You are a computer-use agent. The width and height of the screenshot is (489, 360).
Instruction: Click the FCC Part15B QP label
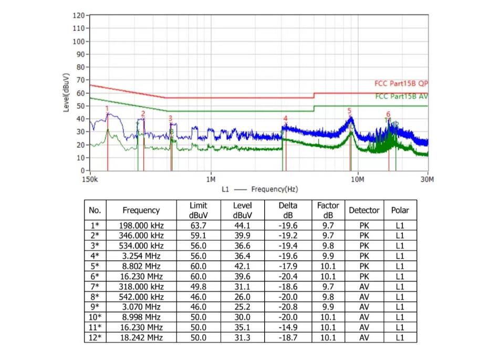[401, 83]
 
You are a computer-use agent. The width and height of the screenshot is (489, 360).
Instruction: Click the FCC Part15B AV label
[401, 96]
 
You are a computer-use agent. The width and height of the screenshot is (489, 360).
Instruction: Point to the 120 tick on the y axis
[77, 16]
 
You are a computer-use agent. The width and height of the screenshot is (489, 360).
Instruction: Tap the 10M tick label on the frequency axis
[357, 179]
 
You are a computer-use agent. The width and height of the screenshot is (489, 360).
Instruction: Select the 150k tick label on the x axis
[90, 179]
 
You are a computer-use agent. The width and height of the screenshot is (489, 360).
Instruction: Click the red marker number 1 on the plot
[107, 109]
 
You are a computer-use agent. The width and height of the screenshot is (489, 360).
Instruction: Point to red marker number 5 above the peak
[349, 110]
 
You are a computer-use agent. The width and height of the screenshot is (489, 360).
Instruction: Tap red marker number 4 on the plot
[285, 118]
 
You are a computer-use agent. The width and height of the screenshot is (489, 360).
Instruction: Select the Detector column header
[364, 210]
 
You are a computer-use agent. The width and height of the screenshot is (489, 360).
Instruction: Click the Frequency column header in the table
[141, 210]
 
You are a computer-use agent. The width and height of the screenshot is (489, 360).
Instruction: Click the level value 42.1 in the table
[242, 266]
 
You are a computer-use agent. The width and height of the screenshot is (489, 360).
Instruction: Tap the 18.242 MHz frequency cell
[141, 337]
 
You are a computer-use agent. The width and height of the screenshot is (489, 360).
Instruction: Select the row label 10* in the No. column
[95, 317]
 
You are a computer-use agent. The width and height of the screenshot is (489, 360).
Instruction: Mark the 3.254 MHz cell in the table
[141, 256]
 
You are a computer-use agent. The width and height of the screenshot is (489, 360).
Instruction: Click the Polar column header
[400, 210]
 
